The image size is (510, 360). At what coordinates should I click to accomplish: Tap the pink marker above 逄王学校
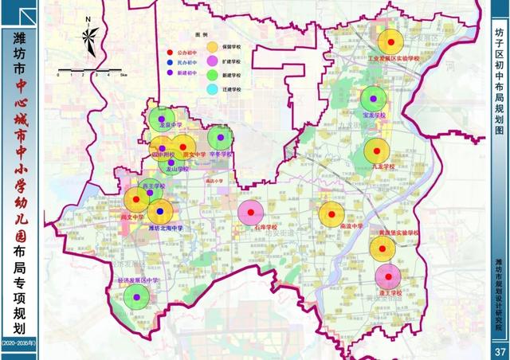[x=388, y=276]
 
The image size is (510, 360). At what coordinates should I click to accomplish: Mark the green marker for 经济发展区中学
[x=137, y=297]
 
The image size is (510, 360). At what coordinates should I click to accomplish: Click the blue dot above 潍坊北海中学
[x=160, y=212]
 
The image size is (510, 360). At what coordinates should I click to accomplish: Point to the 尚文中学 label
[x=132, y=217]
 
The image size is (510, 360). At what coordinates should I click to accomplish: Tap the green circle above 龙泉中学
[x=162, y=119]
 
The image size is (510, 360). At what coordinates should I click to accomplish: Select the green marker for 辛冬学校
[x=221, y=138]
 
